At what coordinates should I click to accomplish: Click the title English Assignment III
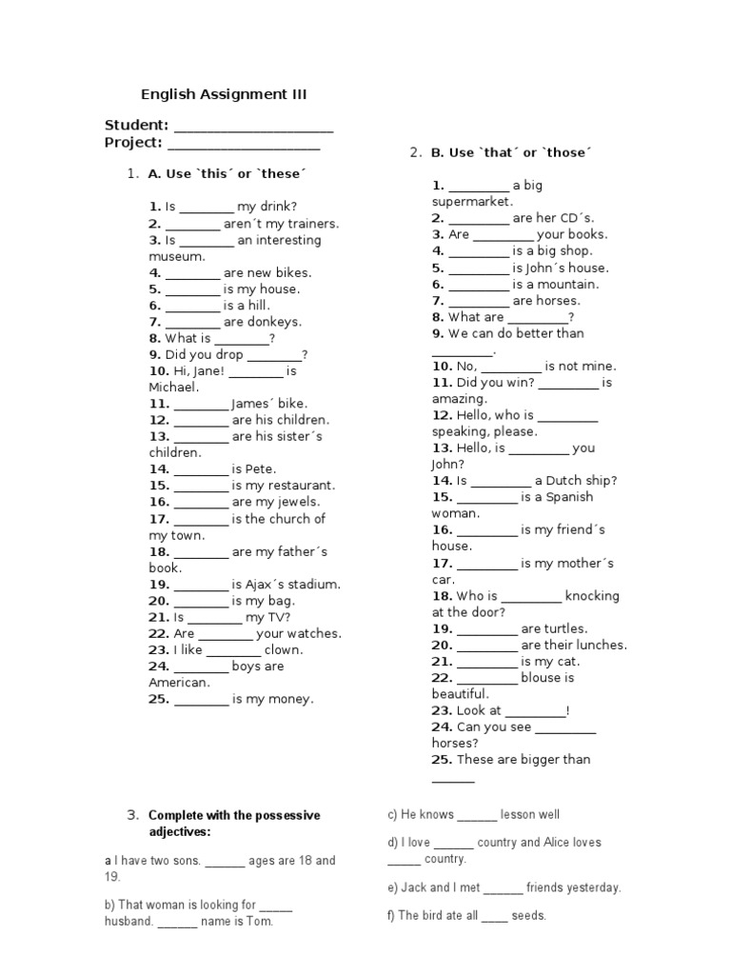click(x=224, y=94)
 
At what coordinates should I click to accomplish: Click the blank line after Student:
click(x=254, y=126)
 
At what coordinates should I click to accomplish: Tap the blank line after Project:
click(x=244, y=144)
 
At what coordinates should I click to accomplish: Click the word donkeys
click(x=275, y=322)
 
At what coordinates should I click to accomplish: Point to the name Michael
click(x=172, y=388)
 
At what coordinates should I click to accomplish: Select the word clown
click(x=284, y=649)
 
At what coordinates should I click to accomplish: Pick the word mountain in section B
click(x=568, y=284)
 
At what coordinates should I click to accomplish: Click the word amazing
click(x=459, y=399)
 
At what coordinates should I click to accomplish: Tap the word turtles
click(x=567, y=628)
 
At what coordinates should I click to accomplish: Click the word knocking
click(x=592, y=596)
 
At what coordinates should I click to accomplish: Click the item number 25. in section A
click(x=159, y=699)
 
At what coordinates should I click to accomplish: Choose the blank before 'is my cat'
click(x=486, y=662)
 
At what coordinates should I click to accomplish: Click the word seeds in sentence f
click(x=528, y=916)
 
